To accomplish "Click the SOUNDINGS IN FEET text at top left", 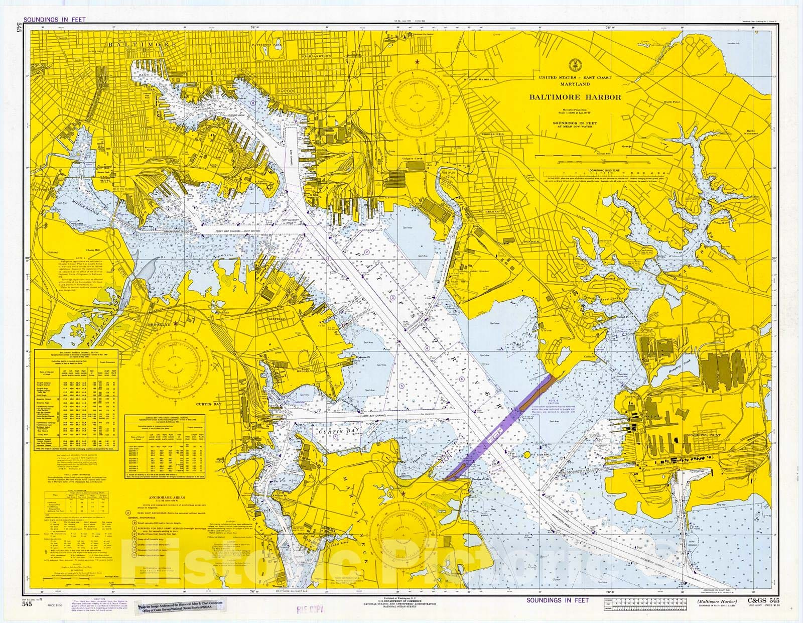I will point(52,20).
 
